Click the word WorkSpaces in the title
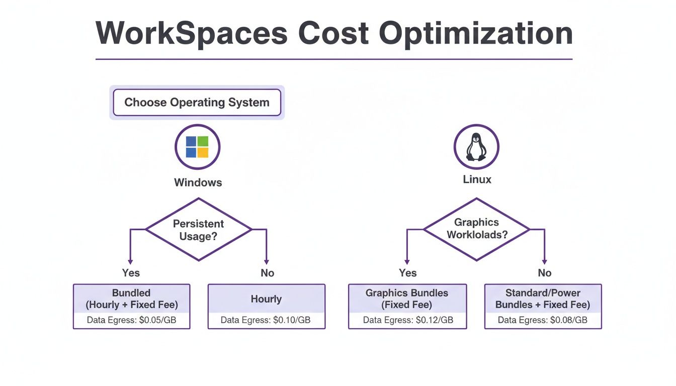[192, 34]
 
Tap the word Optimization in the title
[475, 34]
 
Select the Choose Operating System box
[197, 103]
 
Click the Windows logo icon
[197, 147]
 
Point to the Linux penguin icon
[476, 147]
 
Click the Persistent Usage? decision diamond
[199, 229]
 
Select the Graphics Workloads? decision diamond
[476, 229]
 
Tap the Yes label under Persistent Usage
[131, 273]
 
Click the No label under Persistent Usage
[267, 273]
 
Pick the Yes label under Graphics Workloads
[408, 273]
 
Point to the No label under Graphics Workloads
[545, 273]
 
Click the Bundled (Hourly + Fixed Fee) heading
[131, 299]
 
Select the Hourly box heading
[266, 299]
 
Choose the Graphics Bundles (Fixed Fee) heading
[407, 299]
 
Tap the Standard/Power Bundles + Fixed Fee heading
[543, 299]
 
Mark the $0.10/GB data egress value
[291, 320]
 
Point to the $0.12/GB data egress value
[433, 320]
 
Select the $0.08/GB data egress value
[568, 320]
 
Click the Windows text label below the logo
[198, 182]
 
